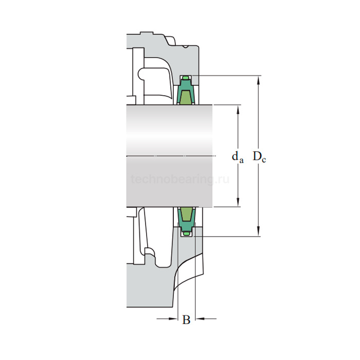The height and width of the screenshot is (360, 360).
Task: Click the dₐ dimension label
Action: point(238,158)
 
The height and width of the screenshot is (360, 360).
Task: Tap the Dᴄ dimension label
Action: point(259,157)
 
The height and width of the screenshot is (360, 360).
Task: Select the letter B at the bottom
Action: point(186,319)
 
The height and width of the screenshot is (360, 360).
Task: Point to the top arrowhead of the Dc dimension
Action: point(259,81)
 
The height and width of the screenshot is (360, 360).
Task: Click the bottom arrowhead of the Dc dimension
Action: point(259,231)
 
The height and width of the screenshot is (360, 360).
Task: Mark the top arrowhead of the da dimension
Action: point(238,110)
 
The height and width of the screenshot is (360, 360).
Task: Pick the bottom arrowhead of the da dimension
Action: point(238,202)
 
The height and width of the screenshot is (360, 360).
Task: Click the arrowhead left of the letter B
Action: point(173,319)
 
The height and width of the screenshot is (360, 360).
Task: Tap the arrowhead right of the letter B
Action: point(200,319)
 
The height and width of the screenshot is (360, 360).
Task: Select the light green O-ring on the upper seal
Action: point(186,78)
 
